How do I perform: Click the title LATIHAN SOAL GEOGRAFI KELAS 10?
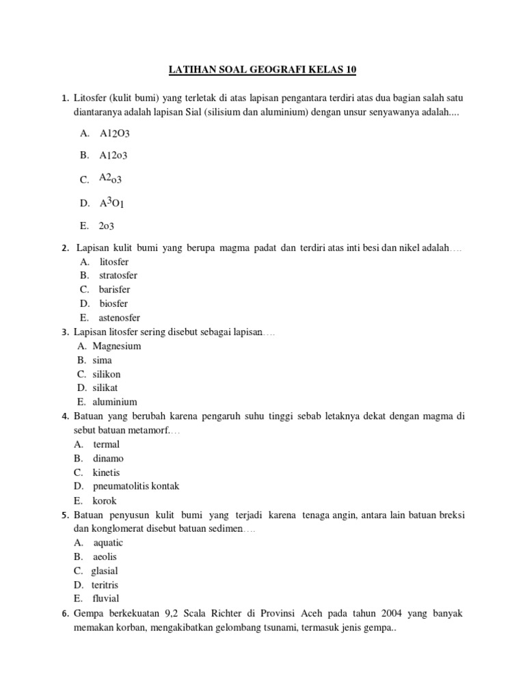[x=262, y=70]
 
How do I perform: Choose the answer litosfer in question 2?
[x=114, y=262]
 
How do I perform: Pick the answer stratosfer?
[x=118, y=275]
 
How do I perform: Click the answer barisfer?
[x=114, y=290]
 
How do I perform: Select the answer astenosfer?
[x=120, y=318]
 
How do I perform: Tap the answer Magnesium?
[x=117, y=346]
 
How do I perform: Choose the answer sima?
[x=103, y=360]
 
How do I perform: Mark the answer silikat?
[x=106, y=388]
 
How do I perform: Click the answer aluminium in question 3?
[x=115, y=402]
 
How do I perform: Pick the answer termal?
[x=107, y=444]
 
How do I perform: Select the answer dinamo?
[x=109, y=459]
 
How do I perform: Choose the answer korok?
[x=105, y=501]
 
